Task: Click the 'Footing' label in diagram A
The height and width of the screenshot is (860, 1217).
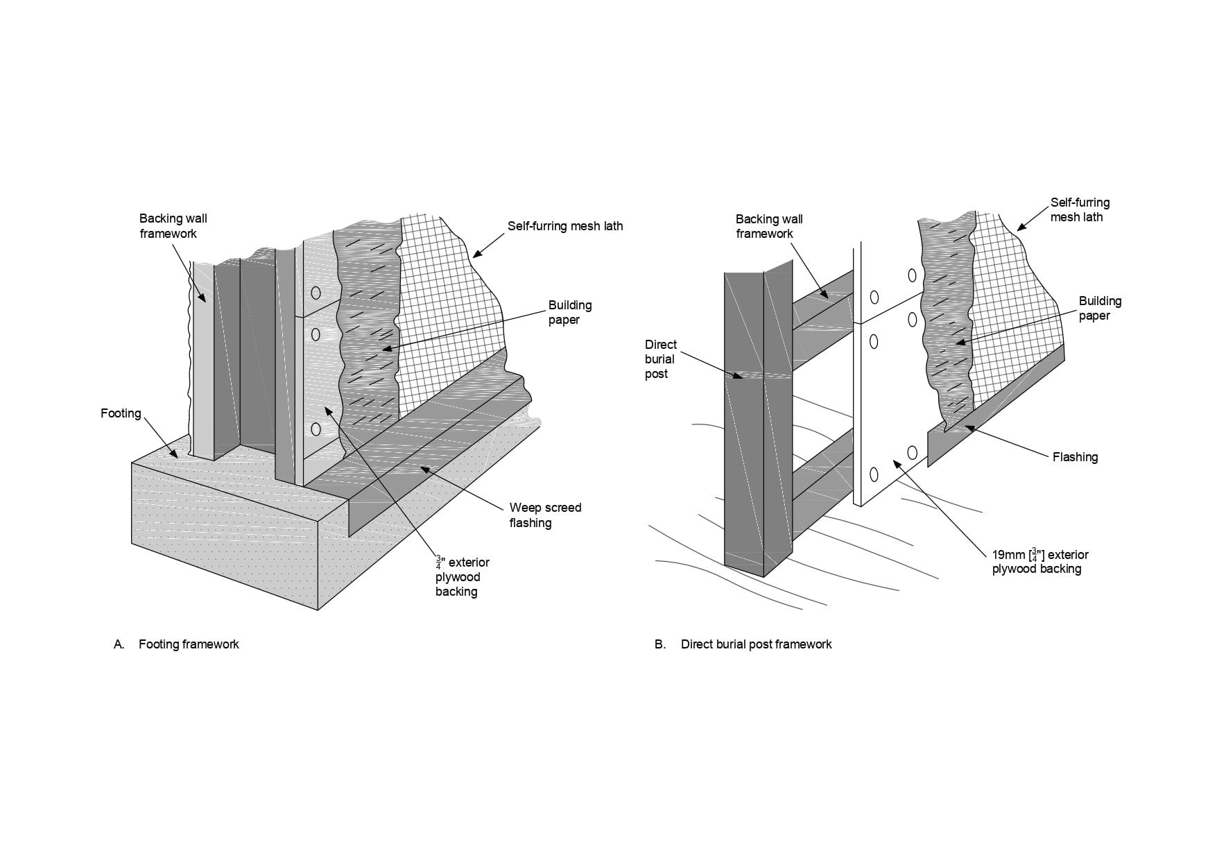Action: (121, 413)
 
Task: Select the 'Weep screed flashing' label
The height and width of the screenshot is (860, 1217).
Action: (545, 515)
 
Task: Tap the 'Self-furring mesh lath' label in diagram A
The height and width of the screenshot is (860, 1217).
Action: (565, 226)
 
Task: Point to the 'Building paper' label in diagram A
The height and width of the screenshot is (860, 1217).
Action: (570, 312)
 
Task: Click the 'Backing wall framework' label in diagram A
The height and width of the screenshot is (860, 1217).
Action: (173, 226)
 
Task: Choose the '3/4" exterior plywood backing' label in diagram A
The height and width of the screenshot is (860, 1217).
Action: (462, 576)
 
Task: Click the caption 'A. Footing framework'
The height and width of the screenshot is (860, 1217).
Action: (177, 644)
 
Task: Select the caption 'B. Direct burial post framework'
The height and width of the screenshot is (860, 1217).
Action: (743, 644)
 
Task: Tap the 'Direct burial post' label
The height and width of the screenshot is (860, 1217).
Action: (660, 359)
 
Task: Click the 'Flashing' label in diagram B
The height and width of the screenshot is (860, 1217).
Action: (1075, 457)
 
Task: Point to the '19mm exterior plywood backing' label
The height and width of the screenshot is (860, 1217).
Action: (1040, 562)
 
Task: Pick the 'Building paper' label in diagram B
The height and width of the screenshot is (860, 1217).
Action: (1100, 308)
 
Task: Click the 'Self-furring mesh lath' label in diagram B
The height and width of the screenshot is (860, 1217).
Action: (1080, 209)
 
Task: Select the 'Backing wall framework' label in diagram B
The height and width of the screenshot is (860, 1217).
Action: (769, 226)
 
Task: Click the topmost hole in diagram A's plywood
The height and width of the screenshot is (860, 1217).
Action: (316, 293)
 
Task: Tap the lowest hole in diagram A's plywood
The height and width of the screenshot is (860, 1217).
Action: (316, 429)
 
